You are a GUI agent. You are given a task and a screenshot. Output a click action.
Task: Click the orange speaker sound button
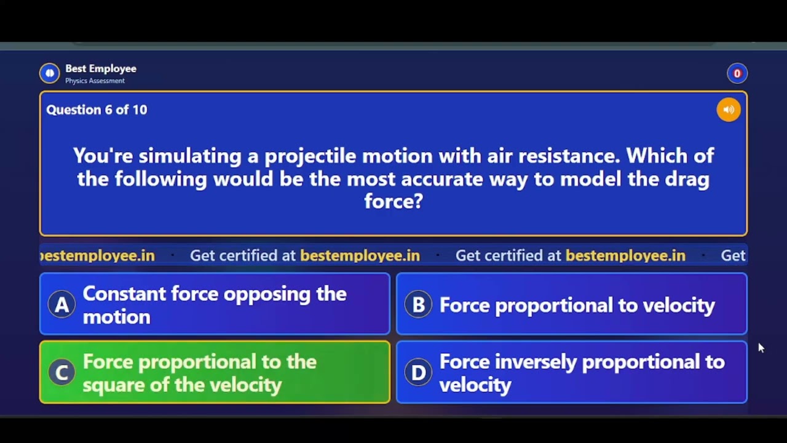[x=729, y=110]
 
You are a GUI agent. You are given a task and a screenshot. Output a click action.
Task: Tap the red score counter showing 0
[x=737, y=73]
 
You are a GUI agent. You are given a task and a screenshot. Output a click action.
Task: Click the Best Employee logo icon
[x=50, y=73]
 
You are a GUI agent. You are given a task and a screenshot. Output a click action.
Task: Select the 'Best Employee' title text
[x=101, y=68]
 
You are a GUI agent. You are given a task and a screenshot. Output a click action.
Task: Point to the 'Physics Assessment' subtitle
[x=95, y=81]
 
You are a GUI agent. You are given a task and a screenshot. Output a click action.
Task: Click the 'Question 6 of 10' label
[x=97, y=110]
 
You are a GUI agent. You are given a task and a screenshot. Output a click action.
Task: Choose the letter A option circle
[x=61, y=305]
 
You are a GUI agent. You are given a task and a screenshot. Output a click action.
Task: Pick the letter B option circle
[x=418, y=305]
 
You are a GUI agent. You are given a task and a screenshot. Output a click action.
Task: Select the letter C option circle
[x=61, y=372]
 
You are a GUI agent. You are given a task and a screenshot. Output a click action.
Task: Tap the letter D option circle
[x=418, y=372]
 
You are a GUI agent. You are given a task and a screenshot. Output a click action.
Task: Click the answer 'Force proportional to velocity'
[x=577, y=305]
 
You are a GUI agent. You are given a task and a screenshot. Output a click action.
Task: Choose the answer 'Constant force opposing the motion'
[x=214, y=305]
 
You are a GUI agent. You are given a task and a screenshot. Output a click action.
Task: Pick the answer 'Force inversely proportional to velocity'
[x=581, y=373]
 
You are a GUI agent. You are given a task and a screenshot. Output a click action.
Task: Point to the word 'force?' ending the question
[x=393, y=201]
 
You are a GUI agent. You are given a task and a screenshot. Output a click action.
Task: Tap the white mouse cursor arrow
[x=761, y=348]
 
